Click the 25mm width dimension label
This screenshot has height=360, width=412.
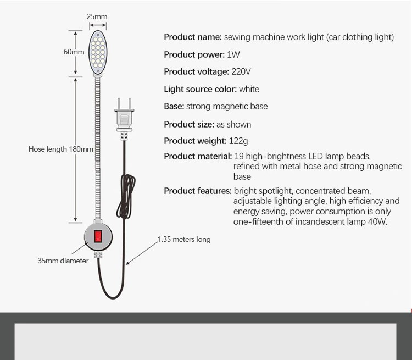(x=97, y=16)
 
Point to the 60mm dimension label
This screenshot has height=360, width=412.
(x=74, y=52)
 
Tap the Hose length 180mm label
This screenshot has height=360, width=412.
(x=60, y=149)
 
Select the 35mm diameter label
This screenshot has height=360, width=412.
(x=63, y=261)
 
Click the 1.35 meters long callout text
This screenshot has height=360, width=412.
(x=184, y=239)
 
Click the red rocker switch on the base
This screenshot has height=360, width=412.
(x=98, y=236)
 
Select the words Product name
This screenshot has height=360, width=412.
(x=193, y=37)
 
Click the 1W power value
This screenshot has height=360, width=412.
(x=233, y=54)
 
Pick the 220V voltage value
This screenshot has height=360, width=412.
(x=241, y=71)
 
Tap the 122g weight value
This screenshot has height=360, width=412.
(x=238, y=141)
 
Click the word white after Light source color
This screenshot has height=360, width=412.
(x=249, y=89)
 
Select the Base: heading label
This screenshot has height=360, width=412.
(x=174, y=106)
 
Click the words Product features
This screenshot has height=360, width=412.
(x=198, y=191)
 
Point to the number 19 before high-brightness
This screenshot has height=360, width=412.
(x=239, y=156)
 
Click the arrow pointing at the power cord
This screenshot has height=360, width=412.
(x=142, y=253)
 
